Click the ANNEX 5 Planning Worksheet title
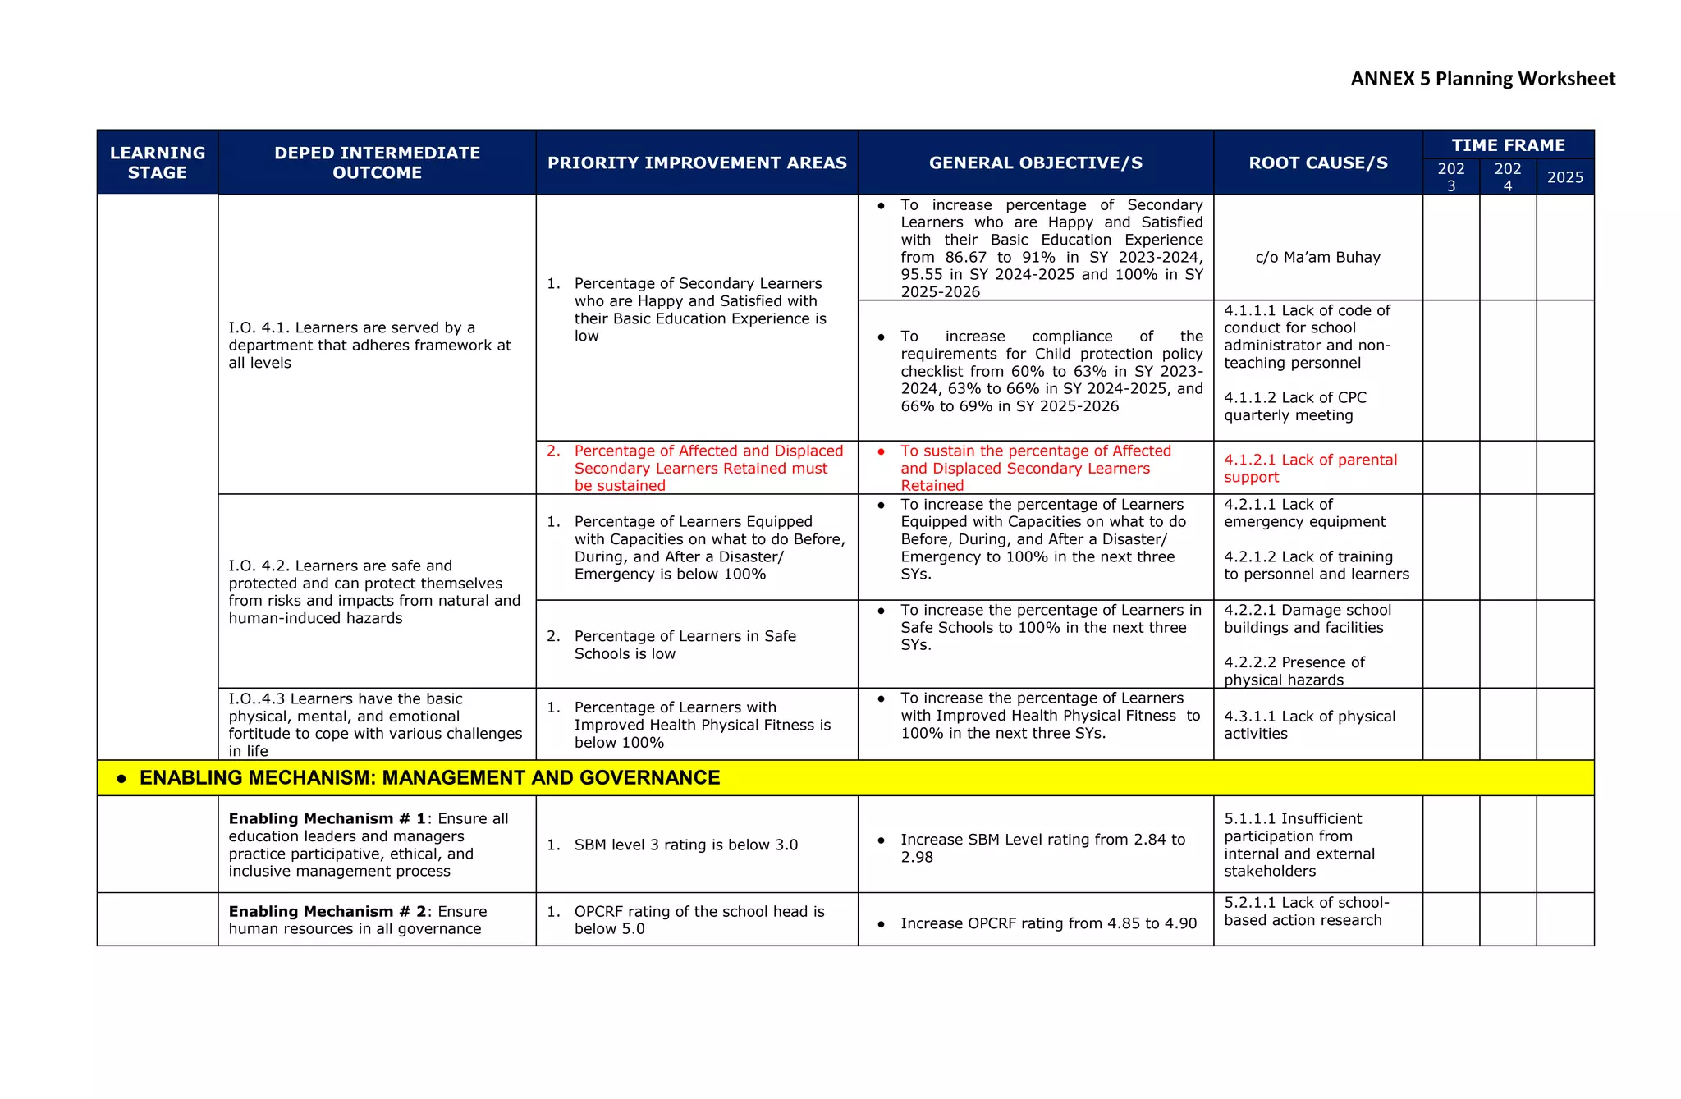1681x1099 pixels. [x=1482, y=79]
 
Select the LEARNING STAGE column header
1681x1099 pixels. [x=158, y=163]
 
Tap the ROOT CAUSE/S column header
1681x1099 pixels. [x=1317, y=163]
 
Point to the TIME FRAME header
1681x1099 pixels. [x=1508, y=145]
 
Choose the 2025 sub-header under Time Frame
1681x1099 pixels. [x=1564, y=177]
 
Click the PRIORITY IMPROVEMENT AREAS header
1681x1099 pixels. [x=697, y=163]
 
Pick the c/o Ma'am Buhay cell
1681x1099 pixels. [x=1317, y=257]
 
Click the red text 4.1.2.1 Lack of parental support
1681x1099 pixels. [x=1310, y=468]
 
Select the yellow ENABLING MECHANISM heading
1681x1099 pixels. [x=429, y=777]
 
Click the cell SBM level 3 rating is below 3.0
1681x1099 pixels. [x=685, y=845]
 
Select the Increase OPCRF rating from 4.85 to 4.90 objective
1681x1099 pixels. [x=1048, y=923]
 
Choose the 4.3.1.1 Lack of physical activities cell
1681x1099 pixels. [x=1309, y=725]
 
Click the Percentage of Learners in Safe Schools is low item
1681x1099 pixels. [x=685, y=644]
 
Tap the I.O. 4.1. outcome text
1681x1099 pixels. [x=369, y=345]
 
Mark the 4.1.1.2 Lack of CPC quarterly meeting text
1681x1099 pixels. [x=1295, y=406]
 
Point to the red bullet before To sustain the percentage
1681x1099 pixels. [x=881, y=451]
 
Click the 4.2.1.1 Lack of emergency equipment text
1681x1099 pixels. [x=1304, y=513]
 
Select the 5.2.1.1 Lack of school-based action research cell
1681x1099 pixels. [x=1306, y=911]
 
